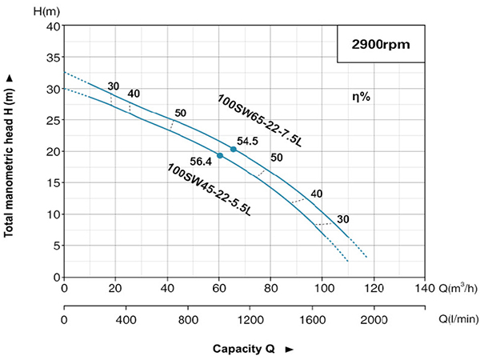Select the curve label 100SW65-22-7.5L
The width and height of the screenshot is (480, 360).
pos(259,122)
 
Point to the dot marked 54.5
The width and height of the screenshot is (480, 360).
pos(234,150)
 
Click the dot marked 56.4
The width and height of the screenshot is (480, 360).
pos(220,155)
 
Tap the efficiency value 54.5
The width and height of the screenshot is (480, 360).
pos(246,141)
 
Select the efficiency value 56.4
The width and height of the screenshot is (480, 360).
pos(202,161)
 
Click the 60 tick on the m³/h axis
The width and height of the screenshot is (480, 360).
pos(219,288)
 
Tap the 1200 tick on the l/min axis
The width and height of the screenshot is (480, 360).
pos(249,320)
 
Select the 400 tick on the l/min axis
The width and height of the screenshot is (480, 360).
pos(126,320)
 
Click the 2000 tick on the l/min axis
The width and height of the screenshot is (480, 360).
pos(374,320)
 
